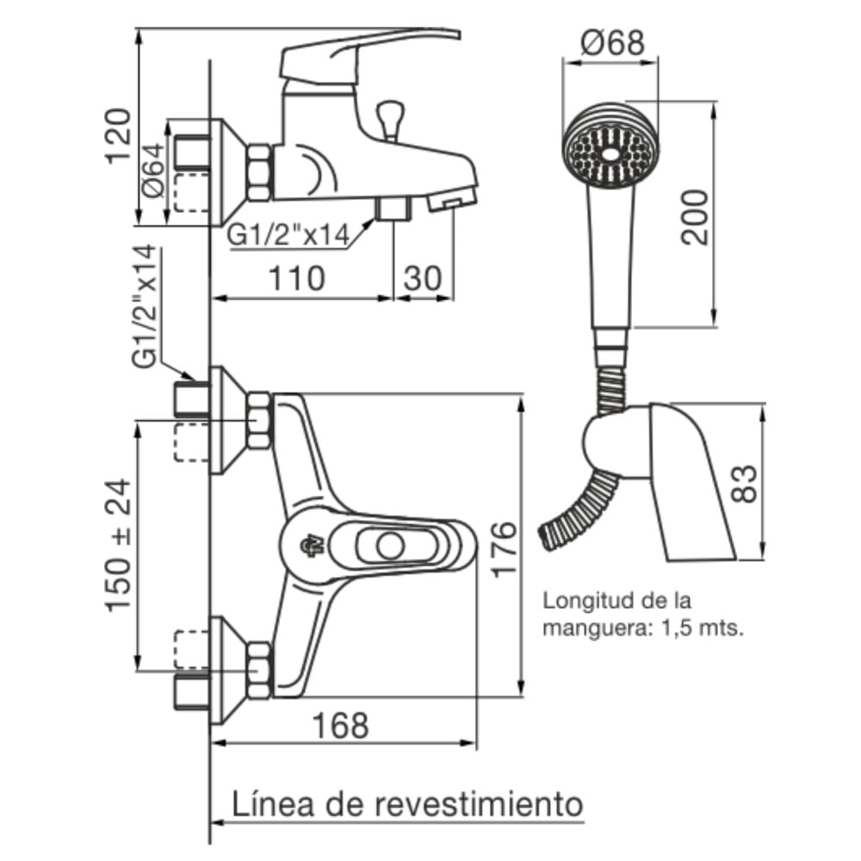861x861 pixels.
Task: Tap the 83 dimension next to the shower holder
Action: (746, 483)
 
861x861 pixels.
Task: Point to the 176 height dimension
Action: (505, 548)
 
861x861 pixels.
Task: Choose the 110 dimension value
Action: (298, 278)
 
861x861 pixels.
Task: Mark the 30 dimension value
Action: (422, 278)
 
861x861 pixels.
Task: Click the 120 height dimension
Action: (118, 135)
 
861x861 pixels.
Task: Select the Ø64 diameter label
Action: (152, 171)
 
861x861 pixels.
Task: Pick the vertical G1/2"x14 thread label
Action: (147, 306)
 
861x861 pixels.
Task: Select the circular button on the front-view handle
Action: (390, 546)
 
